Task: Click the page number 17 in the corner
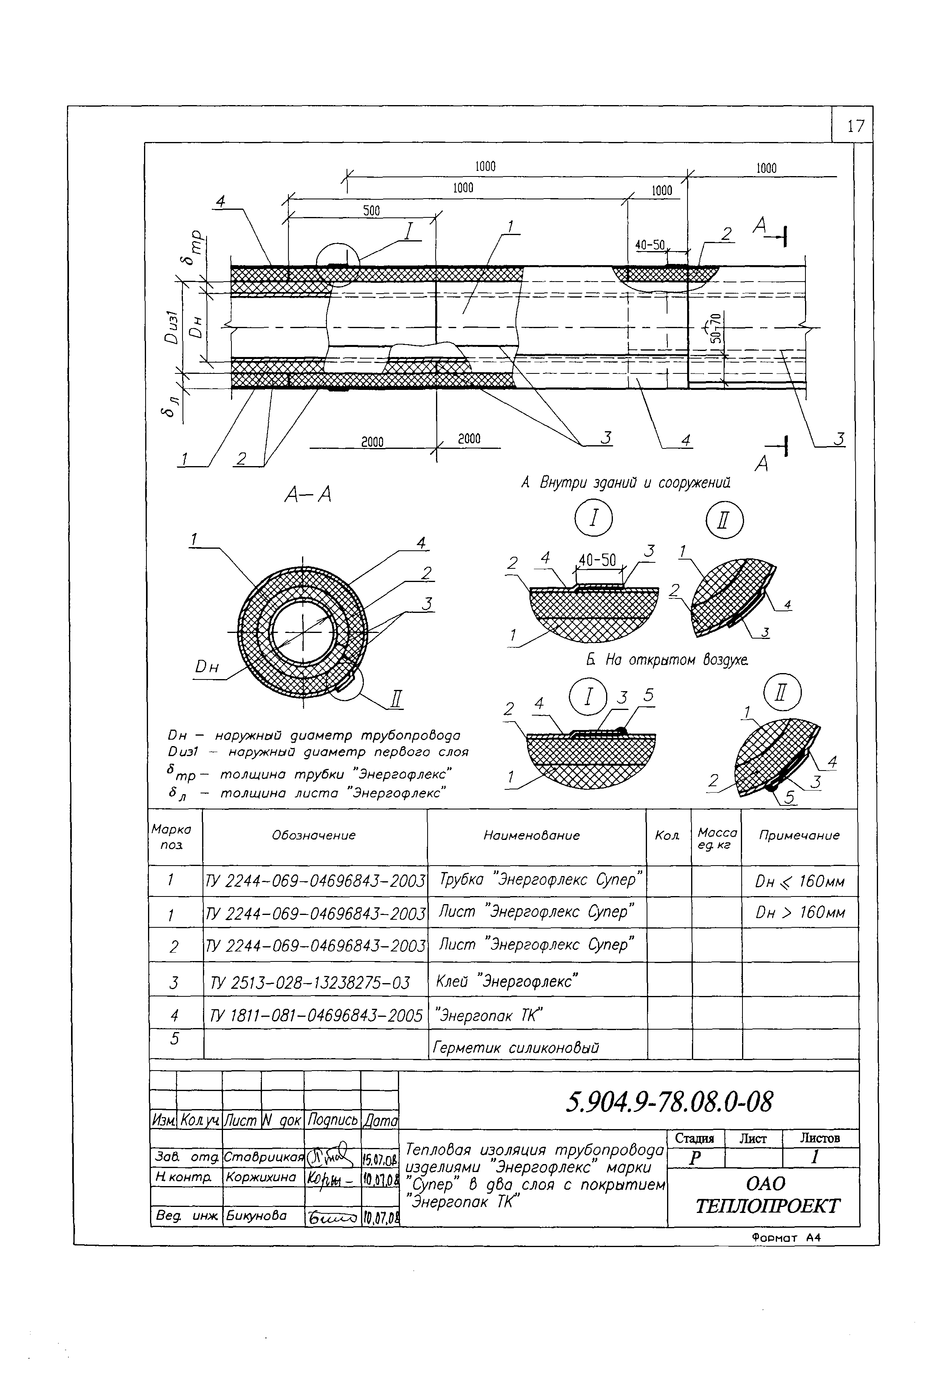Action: click(x=855, y=126)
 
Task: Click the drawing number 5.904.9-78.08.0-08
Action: click(x=669, y=1102)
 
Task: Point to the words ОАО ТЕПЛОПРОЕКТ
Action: click(x=767, y=1195)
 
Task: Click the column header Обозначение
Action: click(x=314, y=836)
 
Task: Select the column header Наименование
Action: click(x=531, y=836)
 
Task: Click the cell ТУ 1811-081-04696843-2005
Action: click(x=316, y=1016)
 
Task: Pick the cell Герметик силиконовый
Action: click(x=516, y=1048)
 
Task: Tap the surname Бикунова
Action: click(x=256, y=1216)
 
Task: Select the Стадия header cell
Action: click(x=694, y=1138)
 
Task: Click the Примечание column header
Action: click(x=799, y=836)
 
